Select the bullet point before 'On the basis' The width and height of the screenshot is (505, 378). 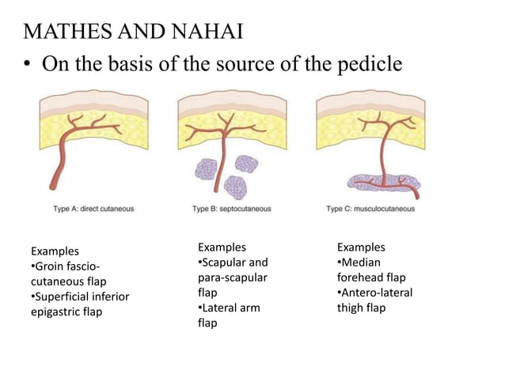point(28,65)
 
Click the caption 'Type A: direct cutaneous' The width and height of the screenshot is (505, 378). point(93,209)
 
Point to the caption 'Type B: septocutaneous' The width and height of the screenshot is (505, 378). point(232,209)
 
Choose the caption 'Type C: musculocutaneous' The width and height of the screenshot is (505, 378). point(370,209)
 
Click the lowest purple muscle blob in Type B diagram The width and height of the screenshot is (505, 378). point(235,187)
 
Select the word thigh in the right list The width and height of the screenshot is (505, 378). point(351,308)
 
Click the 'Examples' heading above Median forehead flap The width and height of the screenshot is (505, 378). point(361,248)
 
